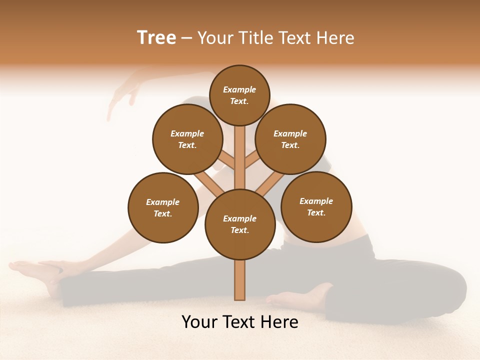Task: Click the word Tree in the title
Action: coord(156,37)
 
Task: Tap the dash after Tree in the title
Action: coord(186,38)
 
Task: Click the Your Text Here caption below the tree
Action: coord(240,322)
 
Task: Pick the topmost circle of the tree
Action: coord(239,95)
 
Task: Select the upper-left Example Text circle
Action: coord(187,139)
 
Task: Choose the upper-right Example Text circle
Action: coord(290,139)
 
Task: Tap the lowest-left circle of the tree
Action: coord(163,207)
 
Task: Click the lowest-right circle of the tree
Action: coord(316,206)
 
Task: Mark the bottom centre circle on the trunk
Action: coord(240,224)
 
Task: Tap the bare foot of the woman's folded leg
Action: coord(300,298)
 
